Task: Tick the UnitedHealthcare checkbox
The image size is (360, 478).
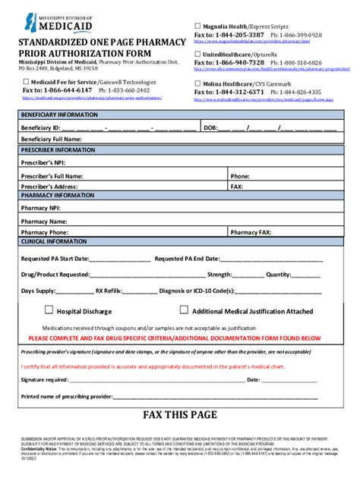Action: coord(198,54)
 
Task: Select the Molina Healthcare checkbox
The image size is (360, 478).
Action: coord(198,83)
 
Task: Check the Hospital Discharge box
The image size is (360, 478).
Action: coord(49,310)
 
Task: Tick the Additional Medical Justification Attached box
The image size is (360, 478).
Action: coord(184,310)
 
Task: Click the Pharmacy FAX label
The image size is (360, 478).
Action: coord(251,232)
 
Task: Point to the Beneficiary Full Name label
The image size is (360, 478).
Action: coord(51,140)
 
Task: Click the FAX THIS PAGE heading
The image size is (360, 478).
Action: coord(180,415)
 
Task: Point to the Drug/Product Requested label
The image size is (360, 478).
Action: coord(55,275)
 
